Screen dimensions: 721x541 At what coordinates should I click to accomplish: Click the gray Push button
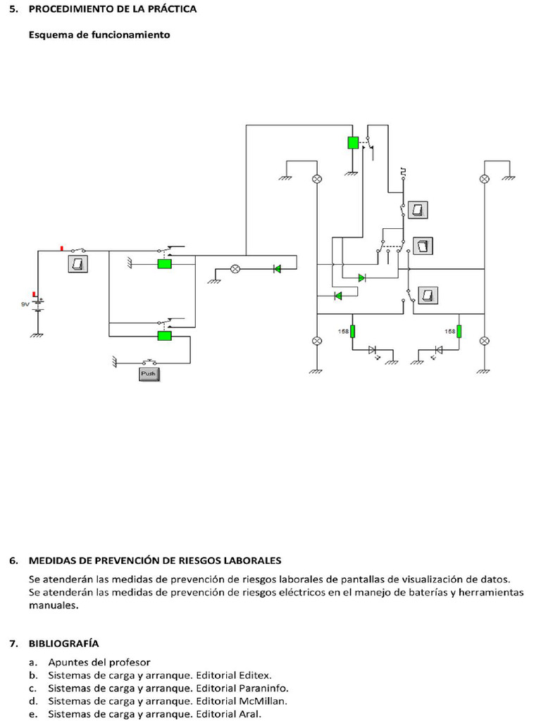click(149, 374)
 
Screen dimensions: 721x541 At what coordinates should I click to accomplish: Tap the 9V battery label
click(24, 304)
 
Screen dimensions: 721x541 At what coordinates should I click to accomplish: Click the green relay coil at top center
click(353, 142)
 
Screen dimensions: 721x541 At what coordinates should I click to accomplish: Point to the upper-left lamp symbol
click(316, 179)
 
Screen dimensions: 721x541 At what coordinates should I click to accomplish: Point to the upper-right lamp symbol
click(484, 179)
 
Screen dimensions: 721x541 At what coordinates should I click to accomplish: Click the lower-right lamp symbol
click(484, 341)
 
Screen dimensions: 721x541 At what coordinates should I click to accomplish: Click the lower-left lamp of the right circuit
click(316, 341)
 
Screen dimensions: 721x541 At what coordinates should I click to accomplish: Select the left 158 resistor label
click(343, 331)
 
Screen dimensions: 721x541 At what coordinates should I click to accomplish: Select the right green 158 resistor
click(459, 331)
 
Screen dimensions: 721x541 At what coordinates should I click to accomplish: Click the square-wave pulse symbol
click(403, 171)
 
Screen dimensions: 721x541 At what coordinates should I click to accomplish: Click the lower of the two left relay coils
click(164, 336)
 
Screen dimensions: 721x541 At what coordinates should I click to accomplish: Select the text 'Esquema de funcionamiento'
click(99, 34)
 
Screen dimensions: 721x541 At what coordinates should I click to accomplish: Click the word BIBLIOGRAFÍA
click(64, 643)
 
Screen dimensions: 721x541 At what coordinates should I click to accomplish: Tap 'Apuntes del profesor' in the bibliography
click(99, 662)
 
